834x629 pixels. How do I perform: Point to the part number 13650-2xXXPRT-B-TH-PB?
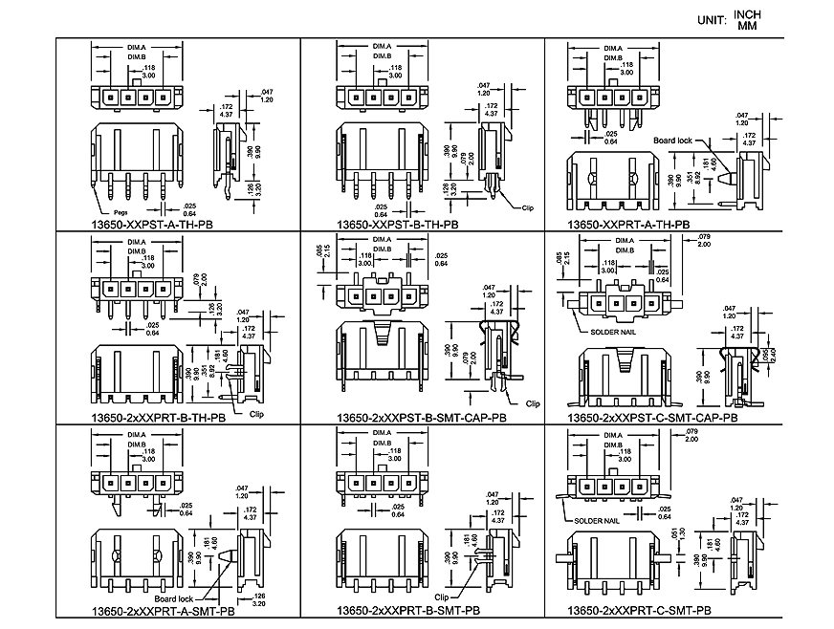[x=159, y=418]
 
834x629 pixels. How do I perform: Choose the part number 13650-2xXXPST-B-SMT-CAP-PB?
[x=421, y=418]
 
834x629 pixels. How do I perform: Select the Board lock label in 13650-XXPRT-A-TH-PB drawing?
[x=672, y=141]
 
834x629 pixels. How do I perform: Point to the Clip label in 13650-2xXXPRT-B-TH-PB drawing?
[x=255, y=415]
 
